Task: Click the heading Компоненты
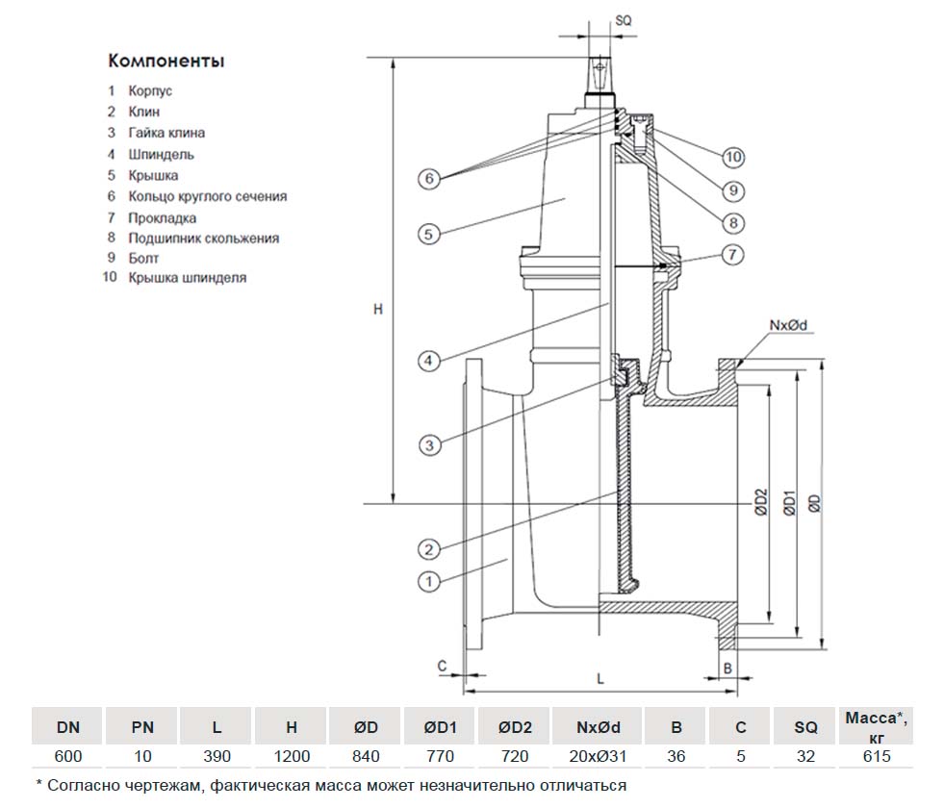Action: click(166, 62)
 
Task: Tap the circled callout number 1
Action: click(429, 580)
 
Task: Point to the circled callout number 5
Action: click(429, 233)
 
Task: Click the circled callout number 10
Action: click(733, 157)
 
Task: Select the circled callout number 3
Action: click(429, 443)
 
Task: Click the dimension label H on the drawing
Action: click(378, 309)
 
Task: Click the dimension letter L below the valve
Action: click(600, 678)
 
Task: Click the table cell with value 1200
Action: click(291, 756)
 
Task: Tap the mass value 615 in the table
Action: click(877, 756)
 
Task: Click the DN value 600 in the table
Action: click(68, 756)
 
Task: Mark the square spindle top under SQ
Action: click(600, 73)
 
